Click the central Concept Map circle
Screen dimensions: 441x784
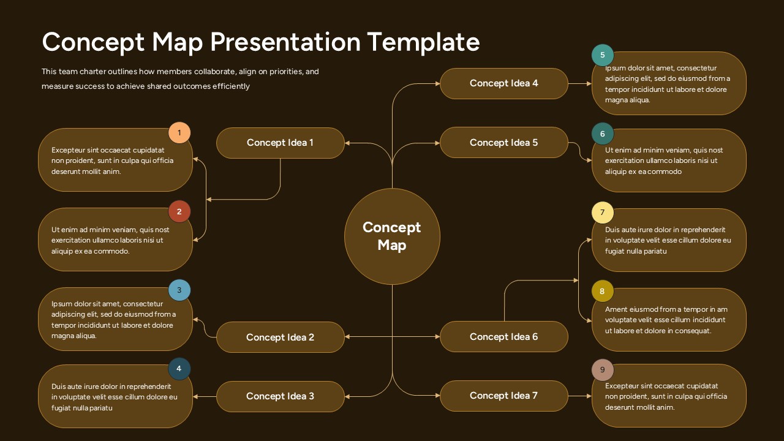tap(392, 236)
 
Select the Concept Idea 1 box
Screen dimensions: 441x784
tap(280, 143)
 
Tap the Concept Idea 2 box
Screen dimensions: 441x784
tap(280, 337)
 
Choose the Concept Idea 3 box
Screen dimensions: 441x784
tap(280, 396)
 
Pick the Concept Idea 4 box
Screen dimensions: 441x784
tap(503, 83)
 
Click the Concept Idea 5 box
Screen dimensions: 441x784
tap(503, 143)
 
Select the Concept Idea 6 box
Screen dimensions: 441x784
tap(503, 337)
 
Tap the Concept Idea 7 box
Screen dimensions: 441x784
tap(503, 396)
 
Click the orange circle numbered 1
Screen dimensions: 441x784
tap(179, 132)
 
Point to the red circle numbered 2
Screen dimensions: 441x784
tap(179, 212)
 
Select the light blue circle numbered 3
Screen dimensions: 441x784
tap(179, 290)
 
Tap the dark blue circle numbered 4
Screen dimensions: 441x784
tap(179, 369)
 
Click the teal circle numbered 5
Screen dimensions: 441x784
tap(603, 55)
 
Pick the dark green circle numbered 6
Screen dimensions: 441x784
tap(603, 134)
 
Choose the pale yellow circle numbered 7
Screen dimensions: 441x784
tap(603, 213)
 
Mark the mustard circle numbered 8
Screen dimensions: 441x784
tap(603, 292)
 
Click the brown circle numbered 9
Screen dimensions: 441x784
tap(603, 370)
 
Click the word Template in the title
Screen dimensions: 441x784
tap(423, 42)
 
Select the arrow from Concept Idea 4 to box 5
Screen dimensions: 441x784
tap(579, 83)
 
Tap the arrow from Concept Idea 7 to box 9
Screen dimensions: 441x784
tap(579, 396)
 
